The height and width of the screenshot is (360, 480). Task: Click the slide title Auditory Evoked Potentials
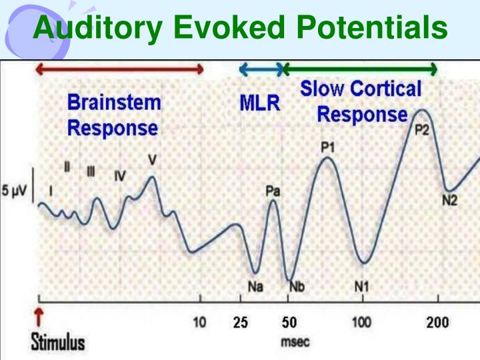(240, 27)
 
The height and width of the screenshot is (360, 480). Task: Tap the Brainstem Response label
(113, 115)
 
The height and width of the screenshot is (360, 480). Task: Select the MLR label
(260, 104)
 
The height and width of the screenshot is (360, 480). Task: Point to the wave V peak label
(153, 161)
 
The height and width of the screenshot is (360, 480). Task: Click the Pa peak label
(273, 191)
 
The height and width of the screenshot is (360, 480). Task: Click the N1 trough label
(361, 287)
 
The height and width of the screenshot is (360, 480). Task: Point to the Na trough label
(254, 287)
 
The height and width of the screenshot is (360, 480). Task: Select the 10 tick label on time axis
(200, 323)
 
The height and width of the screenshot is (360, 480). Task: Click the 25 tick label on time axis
(241, 323)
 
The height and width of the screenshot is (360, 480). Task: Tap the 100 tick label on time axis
(362, 323)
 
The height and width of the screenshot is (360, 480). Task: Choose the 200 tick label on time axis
(437, 323)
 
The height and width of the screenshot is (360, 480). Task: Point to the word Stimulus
(59, 343)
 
